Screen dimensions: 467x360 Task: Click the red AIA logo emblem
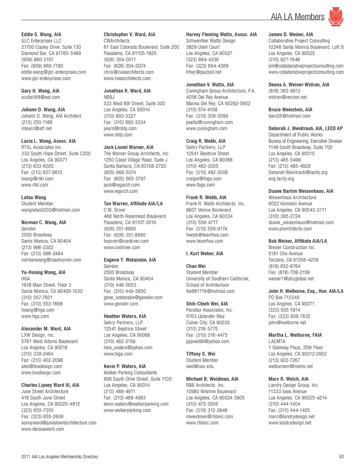click(x=336, y=17)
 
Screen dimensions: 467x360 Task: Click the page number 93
click(x=341, y=457)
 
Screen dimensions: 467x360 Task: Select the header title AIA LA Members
click(x=297, y=17)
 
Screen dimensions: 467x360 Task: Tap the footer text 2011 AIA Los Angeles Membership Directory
click(x=60, y=457)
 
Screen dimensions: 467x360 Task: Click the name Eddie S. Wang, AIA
click(x=41, y=34)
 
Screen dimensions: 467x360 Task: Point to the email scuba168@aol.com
click(x=40, y=97)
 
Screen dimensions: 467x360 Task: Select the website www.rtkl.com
click(x=34, y=185)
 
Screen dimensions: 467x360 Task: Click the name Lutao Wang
click(x=34, y=198)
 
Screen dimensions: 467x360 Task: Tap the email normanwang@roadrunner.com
click(x=51, y=260)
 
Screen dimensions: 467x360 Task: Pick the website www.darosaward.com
click(x=42, y=429)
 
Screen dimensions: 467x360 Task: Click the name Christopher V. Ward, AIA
click(x=129, y=34)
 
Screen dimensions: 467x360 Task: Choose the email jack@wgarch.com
click(x=121, y=185)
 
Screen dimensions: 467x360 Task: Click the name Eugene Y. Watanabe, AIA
click(x=130, y=260)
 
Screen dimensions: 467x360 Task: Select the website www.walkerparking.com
click(x=127, y=410)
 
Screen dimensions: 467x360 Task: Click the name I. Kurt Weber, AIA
click(x=204, y=254)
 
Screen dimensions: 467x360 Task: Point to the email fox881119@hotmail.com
click(x=210, y=291)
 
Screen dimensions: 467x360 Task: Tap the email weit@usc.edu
click(x=200, y=367)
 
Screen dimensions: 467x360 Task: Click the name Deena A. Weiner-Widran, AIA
click(x=299, y=85)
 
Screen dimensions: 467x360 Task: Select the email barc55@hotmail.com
click(x=289, y=116)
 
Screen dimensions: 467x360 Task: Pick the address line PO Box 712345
click(x=284, y=298)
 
